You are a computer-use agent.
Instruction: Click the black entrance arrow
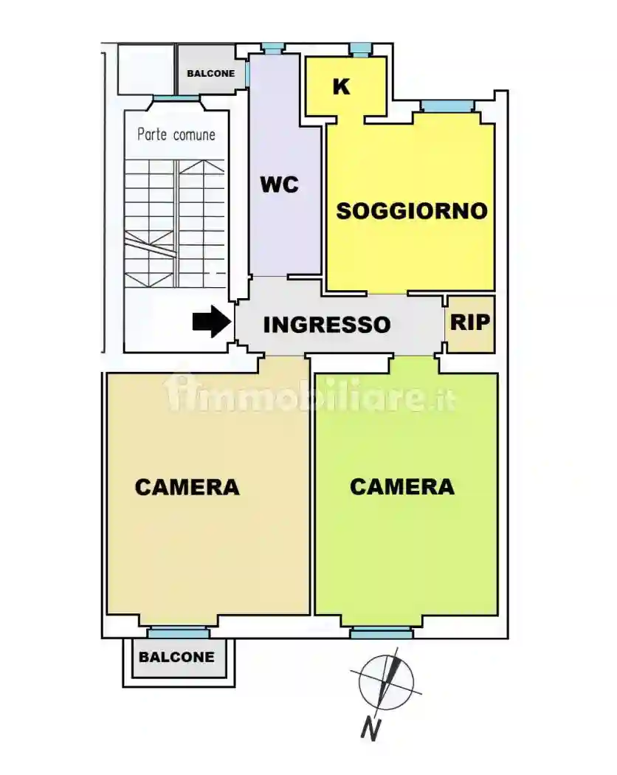(x=211, y=322)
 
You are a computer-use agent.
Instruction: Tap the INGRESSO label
(x=326, y=325)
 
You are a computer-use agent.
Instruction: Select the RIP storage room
(x=470, y=323)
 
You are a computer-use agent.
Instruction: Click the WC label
(x=279, y=185)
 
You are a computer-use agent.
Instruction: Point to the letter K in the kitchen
(x=341, y=86)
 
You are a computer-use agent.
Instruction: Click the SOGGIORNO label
(x=412, y=211)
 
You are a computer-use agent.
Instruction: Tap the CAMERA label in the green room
(x=401, y=487)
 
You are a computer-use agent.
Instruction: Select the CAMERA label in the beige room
(x=187, y=487)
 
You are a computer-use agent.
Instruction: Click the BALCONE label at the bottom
(x=177, y=657)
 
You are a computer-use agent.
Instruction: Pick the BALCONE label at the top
(x=210, y=74)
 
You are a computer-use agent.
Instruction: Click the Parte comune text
(x=176, y=135)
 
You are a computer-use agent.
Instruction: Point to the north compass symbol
(x=386, y=681)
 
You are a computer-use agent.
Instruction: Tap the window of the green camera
(x=381, y=633)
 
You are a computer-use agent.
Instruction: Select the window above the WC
(x=273, y=49)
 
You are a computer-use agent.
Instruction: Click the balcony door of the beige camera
(x=177, y=633)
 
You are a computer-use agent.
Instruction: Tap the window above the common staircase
(x=176, y=98)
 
